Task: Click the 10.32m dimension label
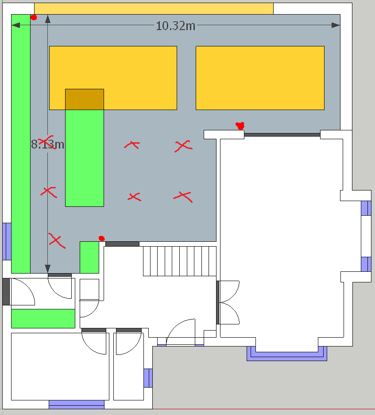[x=176, y=26]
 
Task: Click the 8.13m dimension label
[x=47, y=144]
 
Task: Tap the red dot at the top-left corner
[x=34, y=18]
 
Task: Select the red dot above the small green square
[x=101, y=239]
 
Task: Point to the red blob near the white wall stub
[x=240, y=126]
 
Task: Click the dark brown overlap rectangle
[x=85, y=99]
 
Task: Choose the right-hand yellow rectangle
[x=260, y=78]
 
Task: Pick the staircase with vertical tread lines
[x=180, y=261]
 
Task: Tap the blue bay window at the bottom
[x=287, y=354]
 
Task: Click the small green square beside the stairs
[x=89, y=257]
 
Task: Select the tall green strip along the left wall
[x=21, y=144]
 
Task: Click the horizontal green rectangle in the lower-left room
[x=43, y=319]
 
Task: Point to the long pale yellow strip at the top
[x=154, y=9]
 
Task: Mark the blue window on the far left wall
[x=7, y=241]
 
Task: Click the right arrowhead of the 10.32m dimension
[x=336, y=25]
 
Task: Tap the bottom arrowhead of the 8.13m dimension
[x=48, y=269]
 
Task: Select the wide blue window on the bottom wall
[x=77, y=404]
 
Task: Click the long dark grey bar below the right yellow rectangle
[x=282, y=135]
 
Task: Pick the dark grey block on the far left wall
[x=6, y=292]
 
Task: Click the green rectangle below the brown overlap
[x=85, y=158]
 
